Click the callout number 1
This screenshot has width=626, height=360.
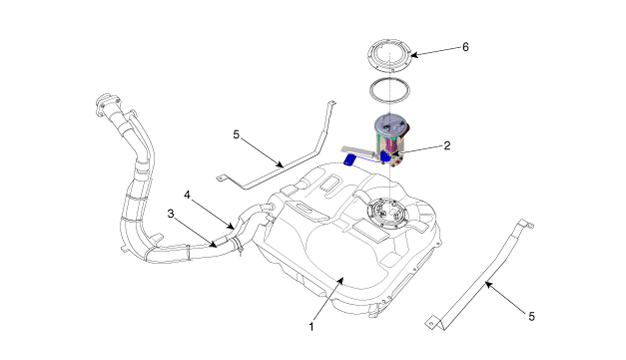coord(311,327)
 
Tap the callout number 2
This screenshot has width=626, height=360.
coord(447,146)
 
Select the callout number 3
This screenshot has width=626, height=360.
coord(171,214)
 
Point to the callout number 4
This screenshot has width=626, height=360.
coord(187,195)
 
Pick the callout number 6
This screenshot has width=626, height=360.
coord(466,47)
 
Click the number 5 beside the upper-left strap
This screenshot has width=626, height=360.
coord(236,135)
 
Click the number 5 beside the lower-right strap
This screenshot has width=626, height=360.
coord(531,316)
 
